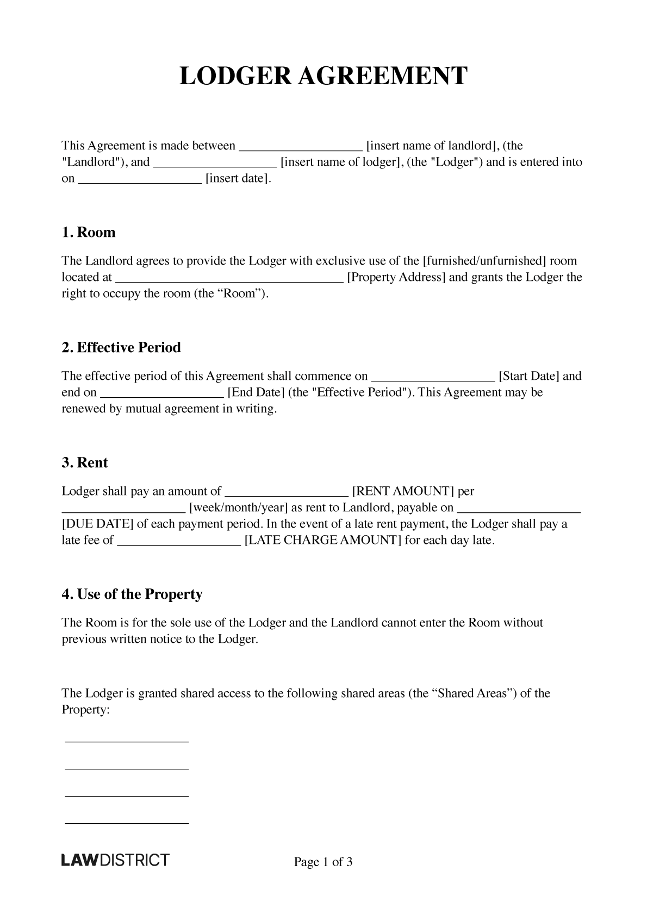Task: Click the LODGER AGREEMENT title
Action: click(323, 76)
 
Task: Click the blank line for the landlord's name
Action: click(301, 148)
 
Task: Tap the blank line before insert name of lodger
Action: click(215, 164)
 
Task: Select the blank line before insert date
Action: click(140, 180)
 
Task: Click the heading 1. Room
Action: click(89, 233)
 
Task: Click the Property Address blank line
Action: click(230, 279)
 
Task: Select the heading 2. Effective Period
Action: click(121, 348)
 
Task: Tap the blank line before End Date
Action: click(163, 394)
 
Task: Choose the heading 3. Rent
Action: click(85, 463)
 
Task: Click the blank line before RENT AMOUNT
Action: click(286, 493)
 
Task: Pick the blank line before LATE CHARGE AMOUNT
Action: click(179, 542)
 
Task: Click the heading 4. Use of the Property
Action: click(132, 594)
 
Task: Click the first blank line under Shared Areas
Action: click(127, 741)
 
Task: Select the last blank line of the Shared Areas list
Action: click(127, 824)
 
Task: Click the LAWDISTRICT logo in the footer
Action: click(115, 860)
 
